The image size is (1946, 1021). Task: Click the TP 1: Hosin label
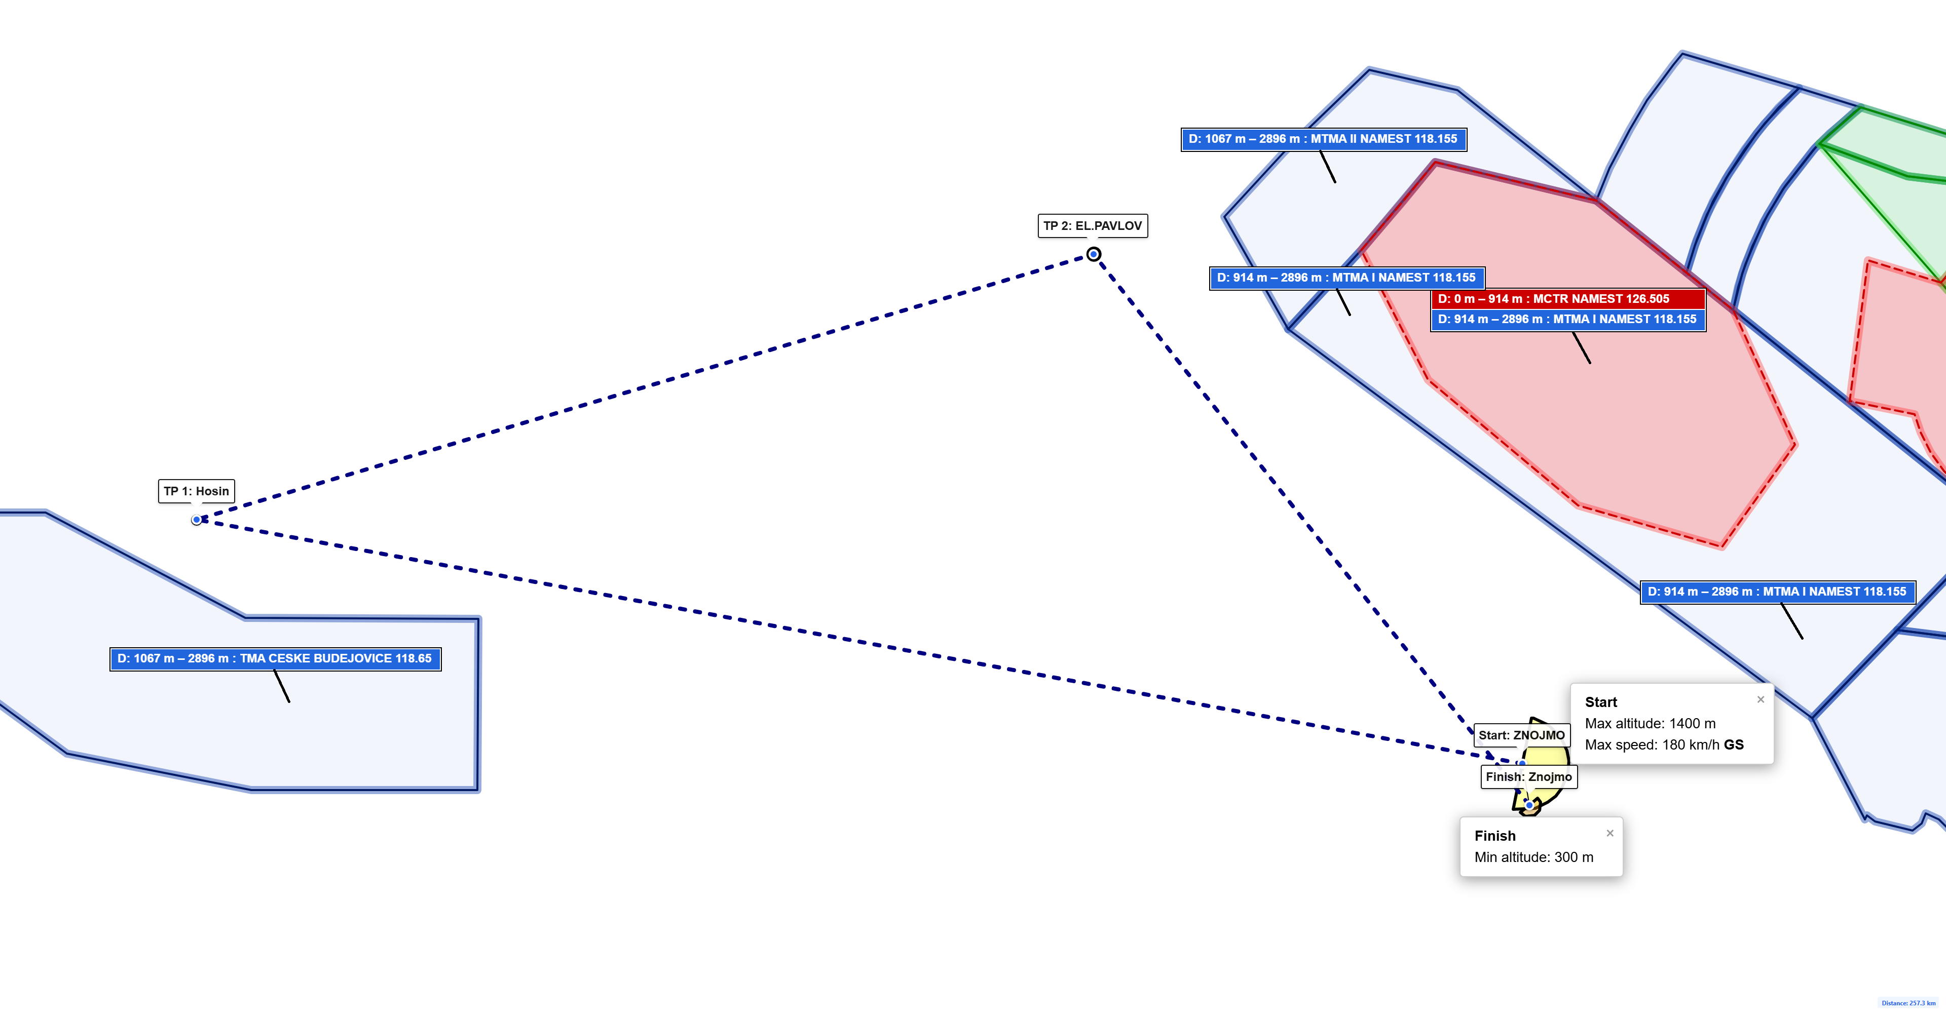[x=197, y=491]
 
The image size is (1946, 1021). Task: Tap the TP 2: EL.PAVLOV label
[x=1093, y=226]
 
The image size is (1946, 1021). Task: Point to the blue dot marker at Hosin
[x=197, y=520]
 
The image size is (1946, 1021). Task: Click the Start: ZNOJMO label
[x=1521, y=735]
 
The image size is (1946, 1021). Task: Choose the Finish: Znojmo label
[x=1528, y=776]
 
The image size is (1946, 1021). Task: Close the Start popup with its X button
[x=1760, y=699]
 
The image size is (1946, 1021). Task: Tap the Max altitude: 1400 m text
[x=1650, y=723]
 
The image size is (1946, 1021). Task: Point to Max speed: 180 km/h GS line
[x=1664, y=744]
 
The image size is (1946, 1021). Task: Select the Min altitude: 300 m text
[x=1533, y=857]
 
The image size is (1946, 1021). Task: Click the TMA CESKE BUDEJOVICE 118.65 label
[x=275, y=658]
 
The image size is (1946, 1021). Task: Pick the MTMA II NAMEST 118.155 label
[x=1324, y=139]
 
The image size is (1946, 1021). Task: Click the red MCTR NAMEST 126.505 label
[x=1568, y=299]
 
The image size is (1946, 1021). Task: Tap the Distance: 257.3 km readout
[x=1908, y=1003]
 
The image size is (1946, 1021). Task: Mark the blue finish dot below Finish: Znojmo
[x=1529, y=806]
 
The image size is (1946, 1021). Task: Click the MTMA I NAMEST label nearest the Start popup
[x=1778, y=592]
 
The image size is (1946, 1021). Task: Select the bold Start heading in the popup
[x=1601, y=701]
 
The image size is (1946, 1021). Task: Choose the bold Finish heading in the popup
[x=1495, y=835]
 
